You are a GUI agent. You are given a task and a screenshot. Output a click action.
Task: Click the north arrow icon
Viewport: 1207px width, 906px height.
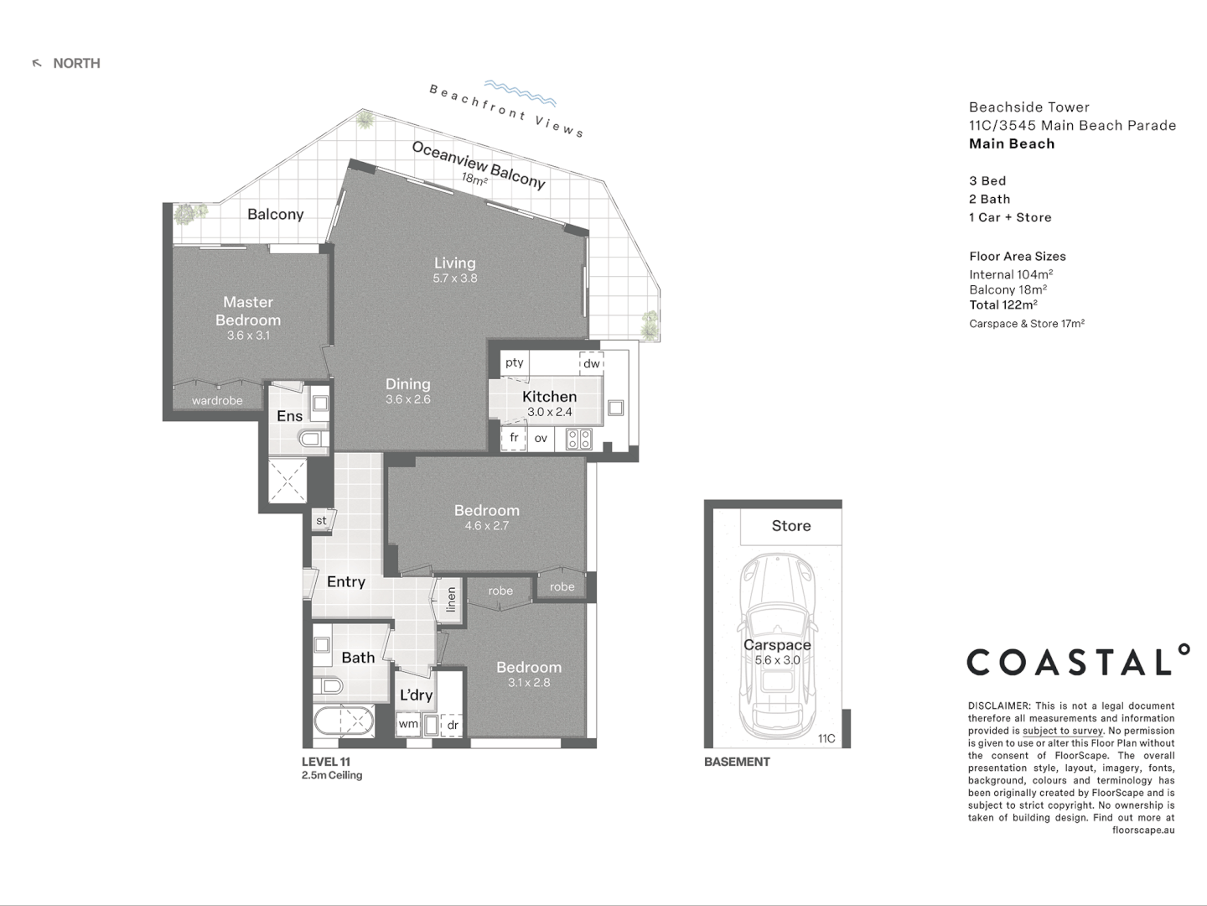(37, 63)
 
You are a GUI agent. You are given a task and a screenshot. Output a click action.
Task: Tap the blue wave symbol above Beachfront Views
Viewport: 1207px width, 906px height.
(520, 92)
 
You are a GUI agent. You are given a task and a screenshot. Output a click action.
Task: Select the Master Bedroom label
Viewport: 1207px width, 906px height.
(248, 310)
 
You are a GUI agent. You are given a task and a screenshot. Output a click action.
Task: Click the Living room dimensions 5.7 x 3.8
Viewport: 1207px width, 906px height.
(455, 279)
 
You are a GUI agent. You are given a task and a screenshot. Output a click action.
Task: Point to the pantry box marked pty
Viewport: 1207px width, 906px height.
(515, 362)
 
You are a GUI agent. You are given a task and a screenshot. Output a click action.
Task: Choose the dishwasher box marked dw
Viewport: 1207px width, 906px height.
(592, 363)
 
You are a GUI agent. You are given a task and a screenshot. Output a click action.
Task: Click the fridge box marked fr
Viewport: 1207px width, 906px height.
(514, 438)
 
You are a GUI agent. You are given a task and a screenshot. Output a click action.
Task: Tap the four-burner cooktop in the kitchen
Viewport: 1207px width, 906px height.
(579, 439)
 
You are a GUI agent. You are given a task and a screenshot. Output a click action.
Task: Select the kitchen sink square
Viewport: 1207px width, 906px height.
(615, 408)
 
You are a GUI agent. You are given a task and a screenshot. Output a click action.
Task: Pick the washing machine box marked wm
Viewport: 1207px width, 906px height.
(408, 724)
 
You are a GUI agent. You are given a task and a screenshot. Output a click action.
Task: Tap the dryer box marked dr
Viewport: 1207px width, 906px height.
(452, 725)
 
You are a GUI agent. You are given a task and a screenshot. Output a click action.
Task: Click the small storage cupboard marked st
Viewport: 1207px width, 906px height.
(322, 520)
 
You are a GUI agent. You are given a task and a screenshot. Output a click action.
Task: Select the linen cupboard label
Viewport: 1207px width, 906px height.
(452, 600)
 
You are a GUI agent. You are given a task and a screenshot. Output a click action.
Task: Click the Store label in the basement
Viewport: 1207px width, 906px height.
(791, 526)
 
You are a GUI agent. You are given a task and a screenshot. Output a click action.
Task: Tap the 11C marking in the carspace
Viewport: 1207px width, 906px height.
(826, 738)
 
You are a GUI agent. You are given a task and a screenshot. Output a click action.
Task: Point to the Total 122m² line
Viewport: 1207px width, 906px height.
(1003, 305)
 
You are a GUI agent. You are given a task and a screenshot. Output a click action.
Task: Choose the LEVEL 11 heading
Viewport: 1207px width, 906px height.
(326, 762)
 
